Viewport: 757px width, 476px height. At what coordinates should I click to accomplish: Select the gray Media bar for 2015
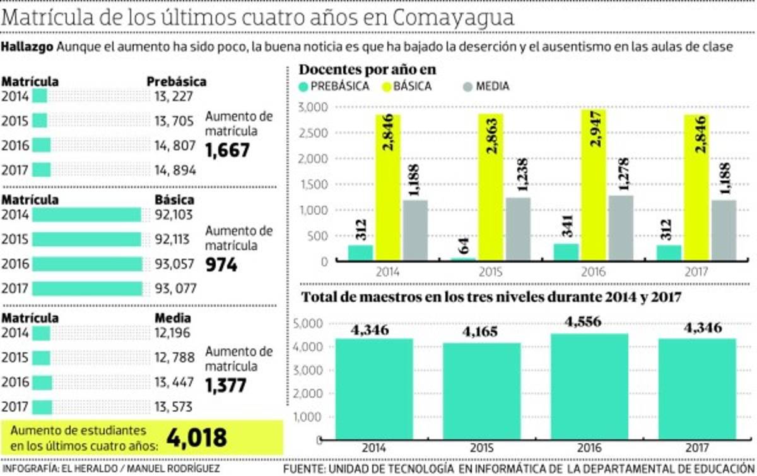[x=517, y=229]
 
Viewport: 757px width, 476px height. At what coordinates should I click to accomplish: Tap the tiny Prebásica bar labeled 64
[x=464, y=259]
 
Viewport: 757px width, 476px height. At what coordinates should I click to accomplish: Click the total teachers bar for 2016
[x=593, y=391]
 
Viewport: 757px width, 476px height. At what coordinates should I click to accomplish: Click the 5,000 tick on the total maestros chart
[x=309, y=324]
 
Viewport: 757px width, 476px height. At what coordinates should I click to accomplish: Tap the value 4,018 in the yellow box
[x=196, y=436]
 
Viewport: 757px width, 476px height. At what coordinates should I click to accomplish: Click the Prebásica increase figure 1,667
[x=228, y=150]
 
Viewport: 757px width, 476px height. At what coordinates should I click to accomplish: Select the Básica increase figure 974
[x=221, y=265]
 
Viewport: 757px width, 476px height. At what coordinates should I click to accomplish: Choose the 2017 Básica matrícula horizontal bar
[x=87, y=289]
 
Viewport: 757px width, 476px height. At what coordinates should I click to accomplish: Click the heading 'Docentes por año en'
[x=368, y=69]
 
